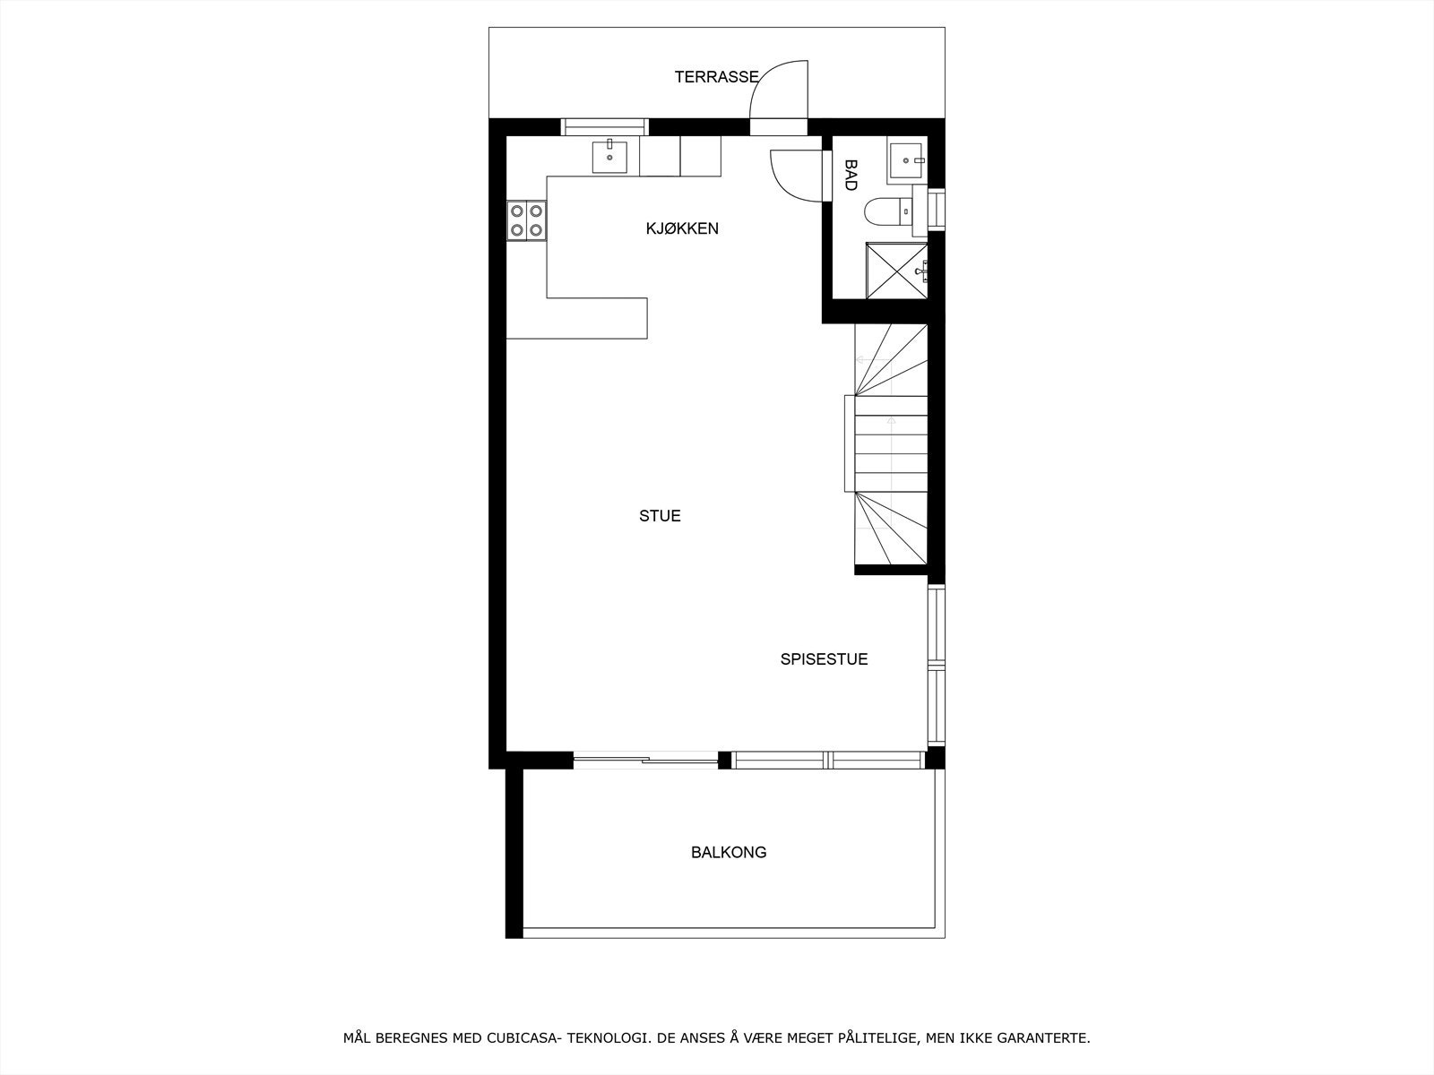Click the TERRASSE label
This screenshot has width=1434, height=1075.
716,77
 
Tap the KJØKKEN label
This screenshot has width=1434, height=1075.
682,228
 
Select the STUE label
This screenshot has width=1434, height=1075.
660,516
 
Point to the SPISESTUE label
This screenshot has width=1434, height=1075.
824,659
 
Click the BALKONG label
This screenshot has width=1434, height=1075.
729,852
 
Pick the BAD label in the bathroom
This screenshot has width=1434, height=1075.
851,175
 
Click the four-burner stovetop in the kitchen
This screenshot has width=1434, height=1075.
526,220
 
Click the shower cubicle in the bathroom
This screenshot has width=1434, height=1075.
895,270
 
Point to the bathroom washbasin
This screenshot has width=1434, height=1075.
907,160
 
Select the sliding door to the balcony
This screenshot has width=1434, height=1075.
645,761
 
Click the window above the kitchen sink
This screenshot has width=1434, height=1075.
604,126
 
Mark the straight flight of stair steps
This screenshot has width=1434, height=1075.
890,443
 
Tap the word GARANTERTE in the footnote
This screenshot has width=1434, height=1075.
1046,1038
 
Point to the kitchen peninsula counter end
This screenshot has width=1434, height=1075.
618,319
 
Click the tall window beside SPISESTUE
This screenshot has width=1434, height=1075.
936,666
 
